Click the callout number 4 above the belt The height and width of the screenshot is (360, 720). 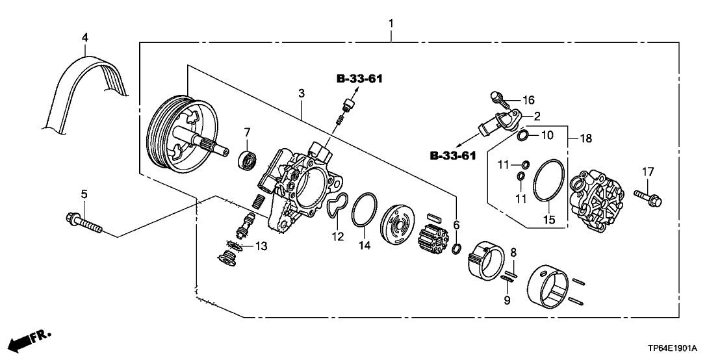(84, 36)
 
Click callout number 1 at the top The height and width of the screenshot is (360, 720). (391, 24)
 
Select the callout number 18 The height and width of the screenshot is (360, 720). (586, 138)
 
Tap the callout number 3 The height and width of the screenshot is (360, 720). (301, 94)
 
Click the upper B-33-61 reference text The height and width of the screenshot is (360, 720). (359, 79)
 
